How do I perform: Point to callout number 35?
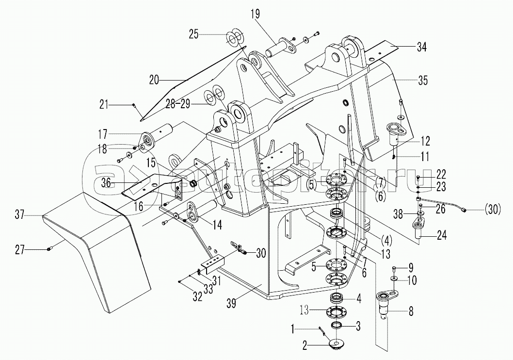423,81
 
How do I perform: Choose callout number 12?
425,142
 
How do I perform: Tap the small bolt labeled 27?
50,249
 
